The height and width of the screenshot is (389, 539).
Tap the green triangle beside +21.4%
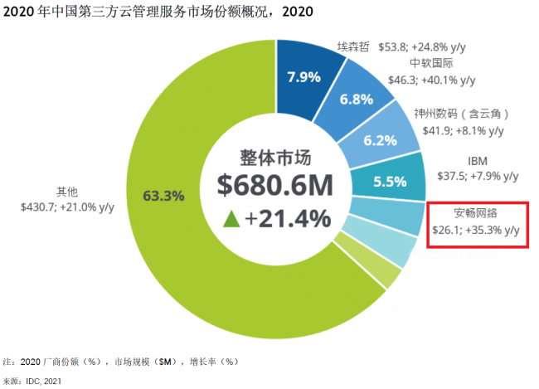tap(232, 218)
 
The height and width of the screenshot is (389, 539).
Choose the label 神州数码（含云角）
tap(461, 113)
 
